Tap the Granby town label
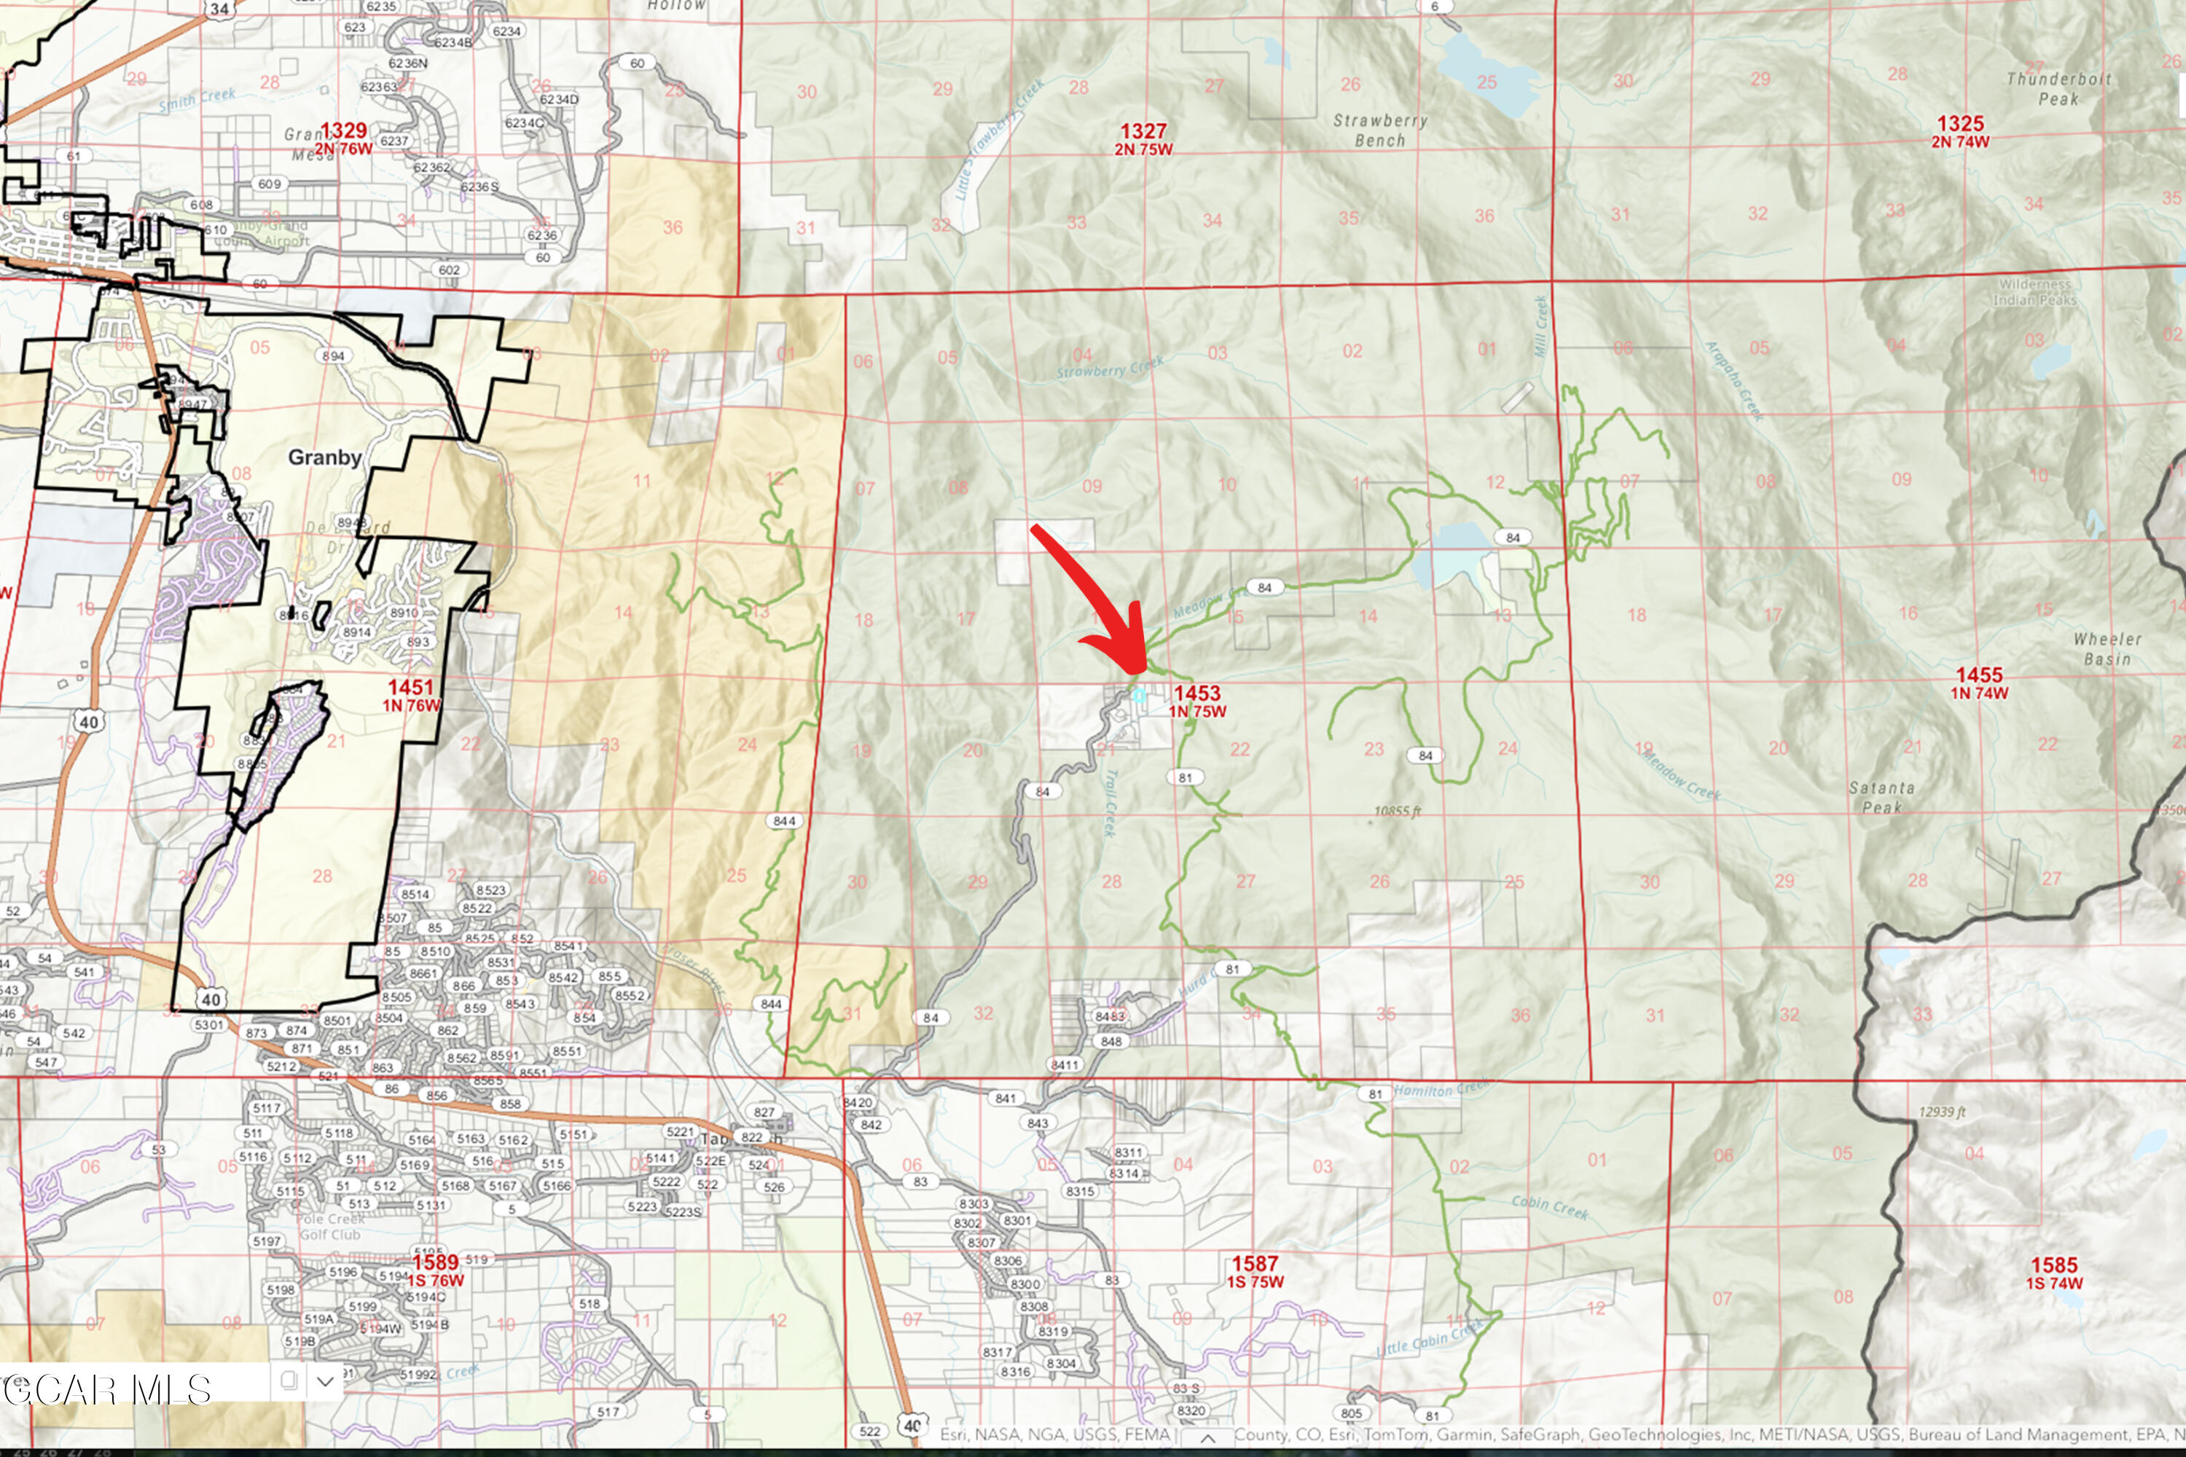click(x=324, y=457)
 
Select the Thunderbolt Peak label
click(x=2058, y=89)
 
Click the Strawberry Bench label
click(x=1380, y=130)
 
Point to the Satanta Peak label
click(x=1881, y=797)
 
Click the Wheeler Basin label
click(x=2107, y=648)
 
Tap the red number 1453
click(x=1196, y=694)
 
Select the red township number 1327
click(x=1143, y=131)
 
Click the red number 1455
click(x=1979, y=675)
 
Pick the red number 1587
click(x=1255, y=1264)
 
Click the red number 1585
click(x=2054, y=1265)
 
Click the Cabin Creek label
click(x=1549, y=1207)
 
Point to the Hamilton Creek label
click(x=1441, y=1089)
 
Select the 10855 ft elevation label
click(x=1397, y=812)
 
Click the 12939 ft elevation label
click(x=1942, y=1112)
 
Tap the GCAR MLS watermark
click(x=108, y=1390)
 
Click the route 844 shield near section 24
click(x=783, y=820)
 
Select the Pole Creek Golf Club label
click(x=329, y=1227)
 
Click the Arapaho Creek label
click(x=1733, y=382)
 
